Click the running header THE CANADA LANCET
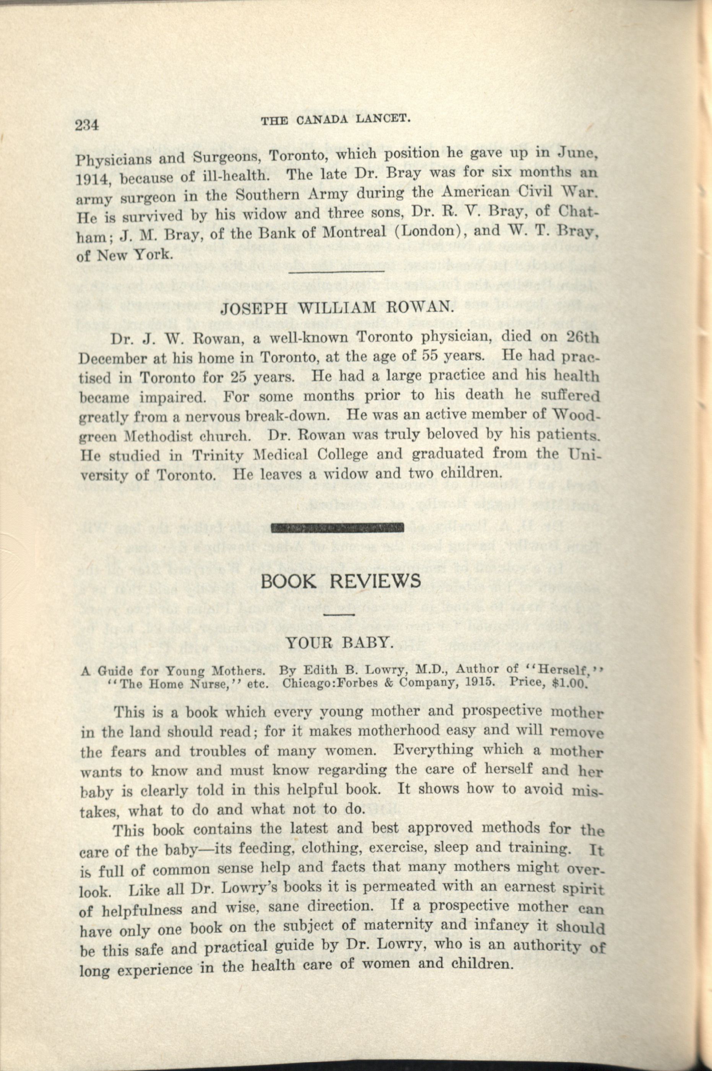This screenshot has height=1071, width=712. tap(336, 119)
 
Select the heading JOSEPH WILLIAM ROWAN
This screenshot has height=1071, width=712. tap(337, 308)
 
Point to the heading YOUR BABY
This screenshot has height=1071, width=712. tap(339, 642)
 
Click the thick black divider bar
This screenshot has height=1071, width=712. tap(337, 527)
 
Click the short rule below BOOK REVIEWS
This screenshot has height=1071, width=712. tap(340, 615)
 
